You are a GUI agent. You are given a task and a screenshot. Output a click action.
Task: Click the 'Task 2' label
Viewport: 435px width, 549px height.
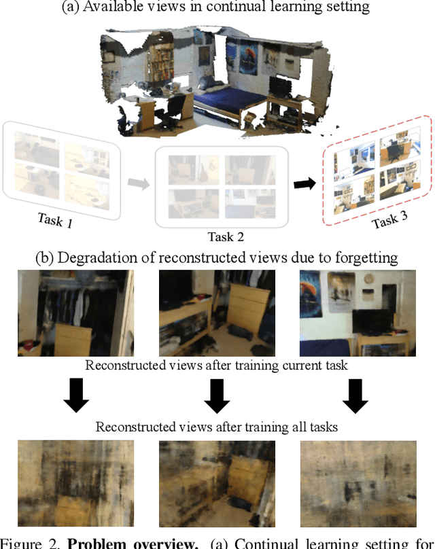226,237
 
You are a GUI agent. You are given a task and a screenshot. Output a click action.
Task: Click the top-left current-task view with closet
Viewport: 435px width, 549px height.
76,313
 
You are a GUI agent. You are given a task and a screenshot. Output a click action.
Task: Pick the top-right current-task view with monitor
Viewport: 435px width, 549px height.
357,313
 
